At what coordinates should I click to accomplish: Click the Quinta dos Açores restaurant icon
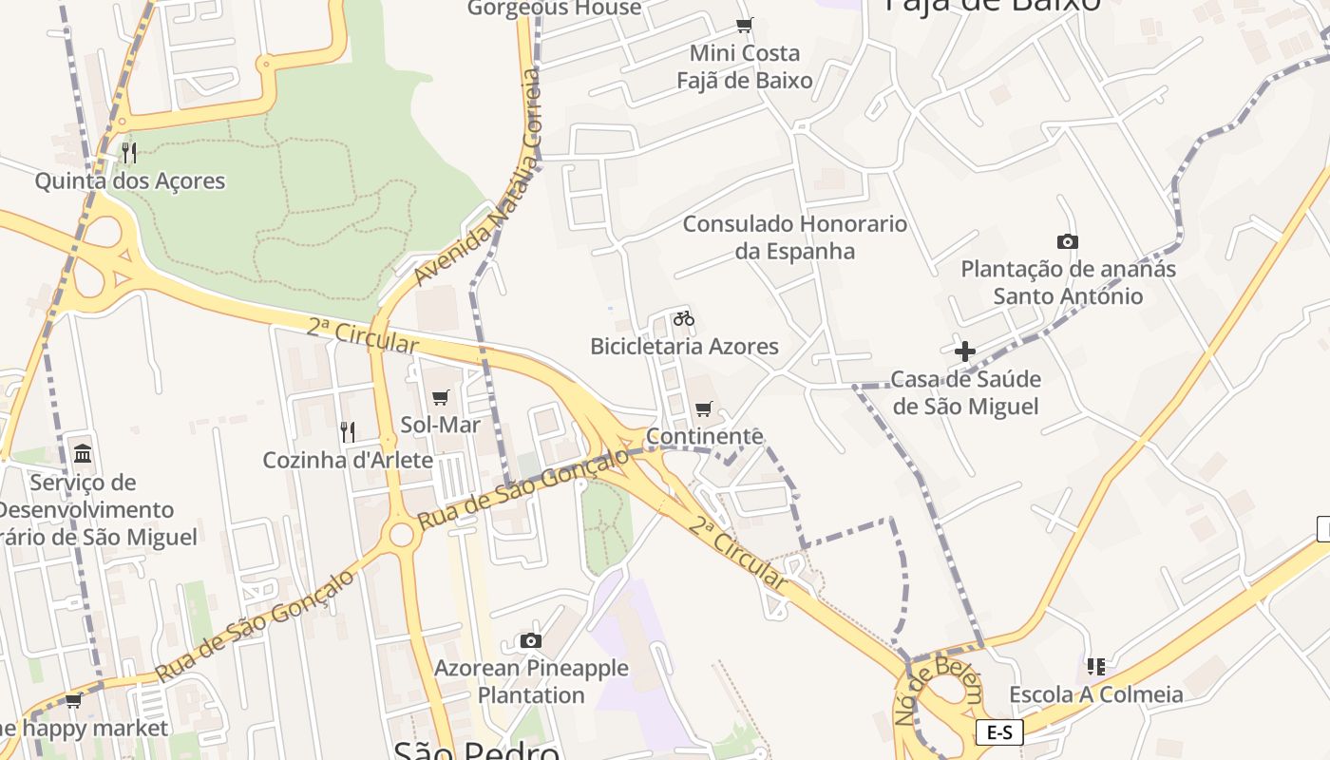click(129, 152)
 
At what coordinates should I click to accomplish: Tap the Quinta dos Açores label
click(130, 180)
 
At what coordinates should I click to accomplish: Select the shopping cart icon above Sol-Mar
click(440, 397)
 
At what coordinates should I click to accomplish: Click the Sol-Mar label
click(440, 425)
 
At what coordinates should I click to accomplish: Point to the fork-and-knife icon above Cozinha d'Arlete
click(348, 432)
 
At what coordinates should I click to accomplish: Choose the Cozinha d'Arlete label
click(348, 461)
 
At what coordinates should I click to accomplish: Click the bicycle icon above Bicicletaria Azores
click(684, 318)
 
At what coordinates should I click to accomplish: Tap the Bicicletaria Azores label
click(684, 346)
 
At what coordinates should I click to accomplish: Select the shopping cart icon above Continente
click(704, 409)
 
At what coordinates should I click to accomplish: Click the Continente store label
click(704, 436)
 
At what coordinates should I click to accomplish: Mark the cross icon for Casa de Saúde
click(965, 351)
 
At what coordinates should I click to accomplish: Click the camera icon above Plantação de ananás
click(1068, 242)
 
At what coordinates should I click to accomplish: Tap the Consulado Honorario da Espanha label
click(795, 237)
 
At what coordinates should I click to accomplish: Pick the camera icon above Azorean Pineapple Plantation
click(531, 641)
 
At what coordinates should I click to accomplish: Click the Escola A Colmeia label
click(1096, 694)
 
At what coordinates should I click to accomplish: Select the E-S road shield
click(999, 732)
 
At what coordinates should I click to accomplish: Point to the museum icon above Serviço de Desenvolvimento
click(83, 454)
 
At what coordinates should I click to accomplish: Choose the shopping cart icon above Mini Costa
click(745, 26)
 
